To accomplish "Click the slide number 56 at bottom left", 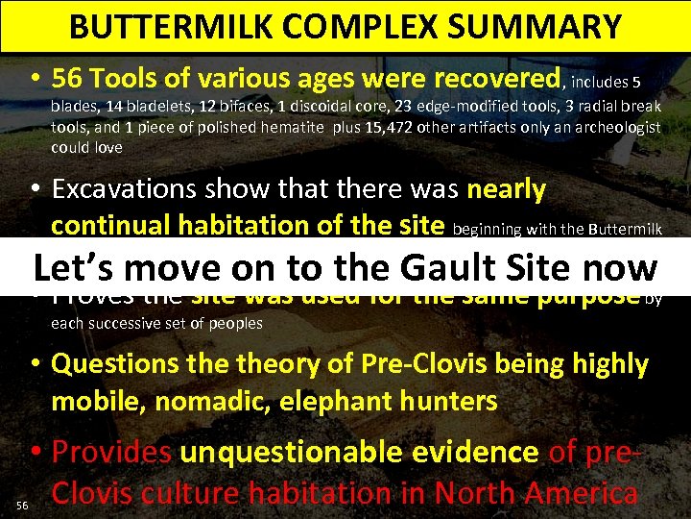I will pos(22,505).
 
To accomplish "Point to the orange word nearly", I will pos(508,190).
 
